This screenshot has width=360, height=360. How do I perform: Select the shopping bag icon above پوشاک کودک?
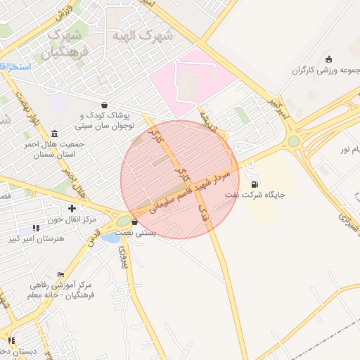[x=104, y=105]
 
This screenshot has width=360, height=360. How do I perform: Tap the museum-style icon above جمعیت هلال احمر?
[x=55, y=132]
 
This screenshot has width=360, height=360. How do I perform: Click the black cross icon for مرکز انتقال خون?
[x=72, y=208]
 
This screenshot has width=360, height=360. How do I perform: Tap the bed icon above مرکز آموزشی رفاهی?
[x=60, y=274]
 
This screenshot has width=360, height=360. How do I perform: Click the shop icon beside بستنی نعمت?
[x=135, y=221]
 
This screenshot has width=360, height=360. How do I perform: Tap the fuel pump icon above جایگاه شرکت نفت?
[x=254, y=184]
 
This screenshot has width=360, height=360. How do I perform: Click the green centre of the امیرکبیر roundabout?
[x=293, y=141]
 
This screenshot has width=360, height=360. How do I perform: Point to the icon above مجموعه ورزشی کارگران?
[x=329, y=58]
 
